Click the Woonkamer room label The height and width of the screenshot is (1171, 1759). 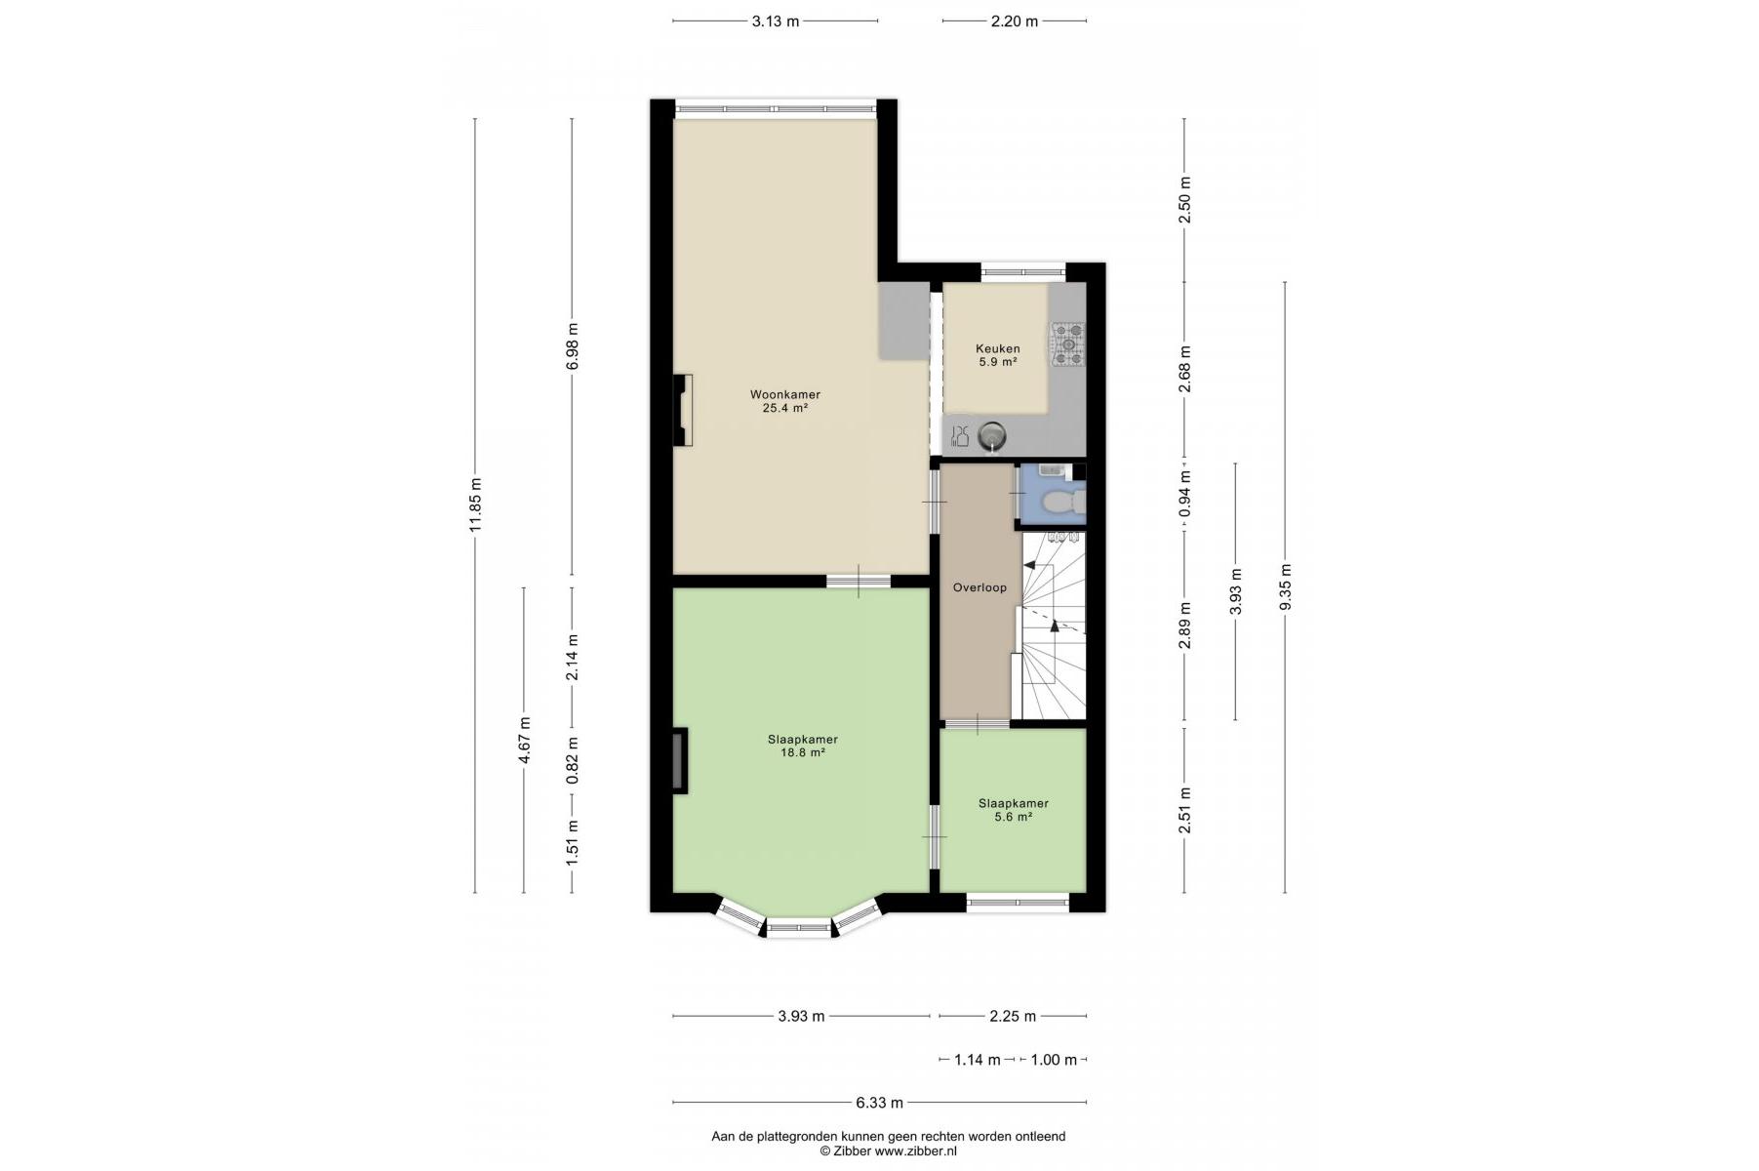(x=784, y=394)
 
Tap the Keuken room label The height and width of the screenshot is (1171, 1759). (x=998, y=348)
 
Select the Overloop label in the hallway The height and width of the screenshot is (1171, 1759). (x=979, y=587)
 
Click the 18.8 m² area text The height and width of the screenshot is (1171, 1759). (x=802, y=752)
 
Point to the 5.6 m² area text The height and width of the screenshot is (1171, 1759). (x=1013, y=817)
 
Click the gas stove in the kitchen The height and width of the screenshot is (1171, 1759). (x=1067, y=344)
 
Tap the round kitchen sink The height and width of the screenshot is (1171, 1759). (x=992, y=435)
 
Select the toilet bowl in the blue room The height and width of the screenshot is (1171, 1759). (x=1060, y=503)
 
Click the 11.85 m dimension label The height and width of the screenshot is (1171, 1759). (x=475, y=505)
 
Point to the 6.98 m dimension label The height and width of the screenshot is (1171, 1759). (x=573, y=346)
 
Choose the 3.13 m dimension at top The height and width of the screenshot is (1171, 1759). (x=776, y=20)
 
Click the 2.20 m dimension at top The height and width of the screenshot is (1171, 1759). (x=1015, y=20)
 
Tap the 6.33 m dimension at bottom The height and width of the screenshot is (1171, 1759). (x=880, y=1103)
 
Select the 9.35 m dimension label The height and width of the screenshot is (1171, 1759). (x=1285, y=587)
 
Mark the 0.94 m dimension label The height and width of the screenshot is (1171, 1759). (x=1185, y=495)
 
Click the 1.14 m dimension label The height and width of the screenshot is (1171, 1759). (x=978, y=1060)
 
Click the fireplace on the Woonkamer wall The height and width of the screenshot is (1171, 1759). (x=683, y=411)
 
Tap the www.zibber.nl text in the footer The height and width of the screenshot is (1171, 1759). (x=915, y=1151)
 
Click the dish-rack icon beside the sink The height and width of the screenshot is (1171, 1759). (x=959, y=436)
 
